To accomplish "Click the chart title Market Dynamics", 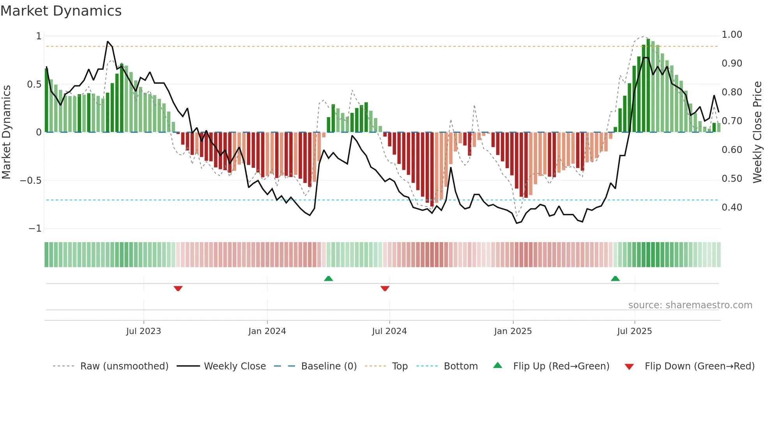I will pyautogui.click(x=61, y=11).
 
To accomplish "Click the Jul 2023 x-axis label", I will pyautogui.click(x=143, y=331).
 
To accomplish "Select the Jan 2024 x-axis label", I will pyautogui.click(x=267, y=331).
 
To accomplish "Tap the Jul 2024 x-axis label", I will pyautogui.click(x=389, y=331).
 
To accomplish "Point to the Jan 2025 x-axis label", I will pyautogui.click(x=513, y=331).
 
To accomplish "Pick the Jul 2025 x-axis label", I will pyautogui.click(x=634, y=331).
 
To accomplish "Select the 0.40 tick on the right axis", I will pyautogui.click(x=732, y=207).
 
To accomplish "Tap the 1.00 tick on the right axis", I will pyautogui.click(x=732, y=35).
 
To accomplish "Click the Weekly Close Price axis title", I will pyautogui.click(x=757, y=132).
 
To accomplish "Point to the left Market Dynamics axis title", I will pyautogui.click(x=6, y=132).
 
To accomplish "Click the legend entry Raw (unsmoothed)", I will pyautogui.click(x=124, y=366).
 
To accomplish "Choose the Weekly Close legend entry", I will pyautogui.click(x=235, y=366).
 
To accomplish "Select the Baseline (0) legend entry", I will pyautogui.click(x=329, y=366).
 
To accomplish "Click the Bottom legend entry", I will pyautogui.click(x=460, y=366).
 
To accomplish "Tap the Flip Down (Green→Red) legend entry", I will pyautogui.click(x=699, y=366).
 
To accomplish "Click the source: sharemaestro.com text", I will pyautogui.click(x=690, y=305).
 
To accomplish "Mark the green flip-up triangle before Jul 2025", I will pyautogui.click(x=615, y=279).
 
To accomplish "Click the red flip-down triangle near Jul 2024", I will pyautogui.click(x=385, y=288).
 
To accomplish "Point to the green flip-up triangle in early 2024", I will pyautogui.click(x=328, y=279).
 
